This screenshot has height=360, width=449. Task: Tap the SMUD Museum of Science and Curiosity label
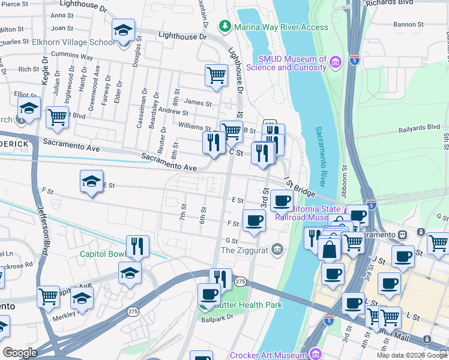point(292,63)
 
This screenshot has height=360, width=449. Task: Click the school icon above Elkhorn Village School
point(123,32)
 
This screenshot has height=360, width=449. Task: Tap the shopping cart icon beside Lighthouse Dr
point(217,76)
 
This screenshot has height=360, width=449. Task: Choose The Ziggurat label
point(246,250)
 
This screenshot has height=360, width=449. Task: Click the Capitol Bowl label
point(103,253)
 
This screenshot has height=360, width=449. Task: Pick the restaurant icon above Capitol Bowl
point(137,246)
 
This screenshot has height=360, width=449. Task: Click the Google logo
point(20,353)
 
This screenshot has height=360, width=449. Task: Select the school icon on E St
point(91,183)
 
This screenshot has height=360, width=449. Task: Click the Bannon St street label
point(409,25)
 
